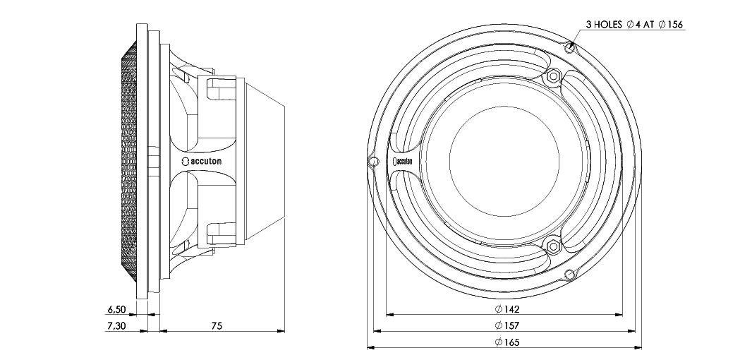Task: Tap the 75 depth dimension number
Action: click(x=217, y=325)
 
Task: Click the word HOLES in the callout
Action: click(x=608, y=25)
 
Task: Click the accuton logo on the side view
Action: click(x=202, y=162)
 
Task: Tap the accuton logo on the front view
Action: click(x=401, y=162)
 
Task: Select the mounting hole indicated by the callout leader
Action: click(x=571, y=49)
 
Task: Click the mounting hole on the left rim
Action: click(x=373, y=162)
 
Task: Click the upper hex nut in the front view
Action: click(x=552, y=76)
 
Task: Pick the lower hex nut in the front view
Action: click(x=552, y=247)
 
